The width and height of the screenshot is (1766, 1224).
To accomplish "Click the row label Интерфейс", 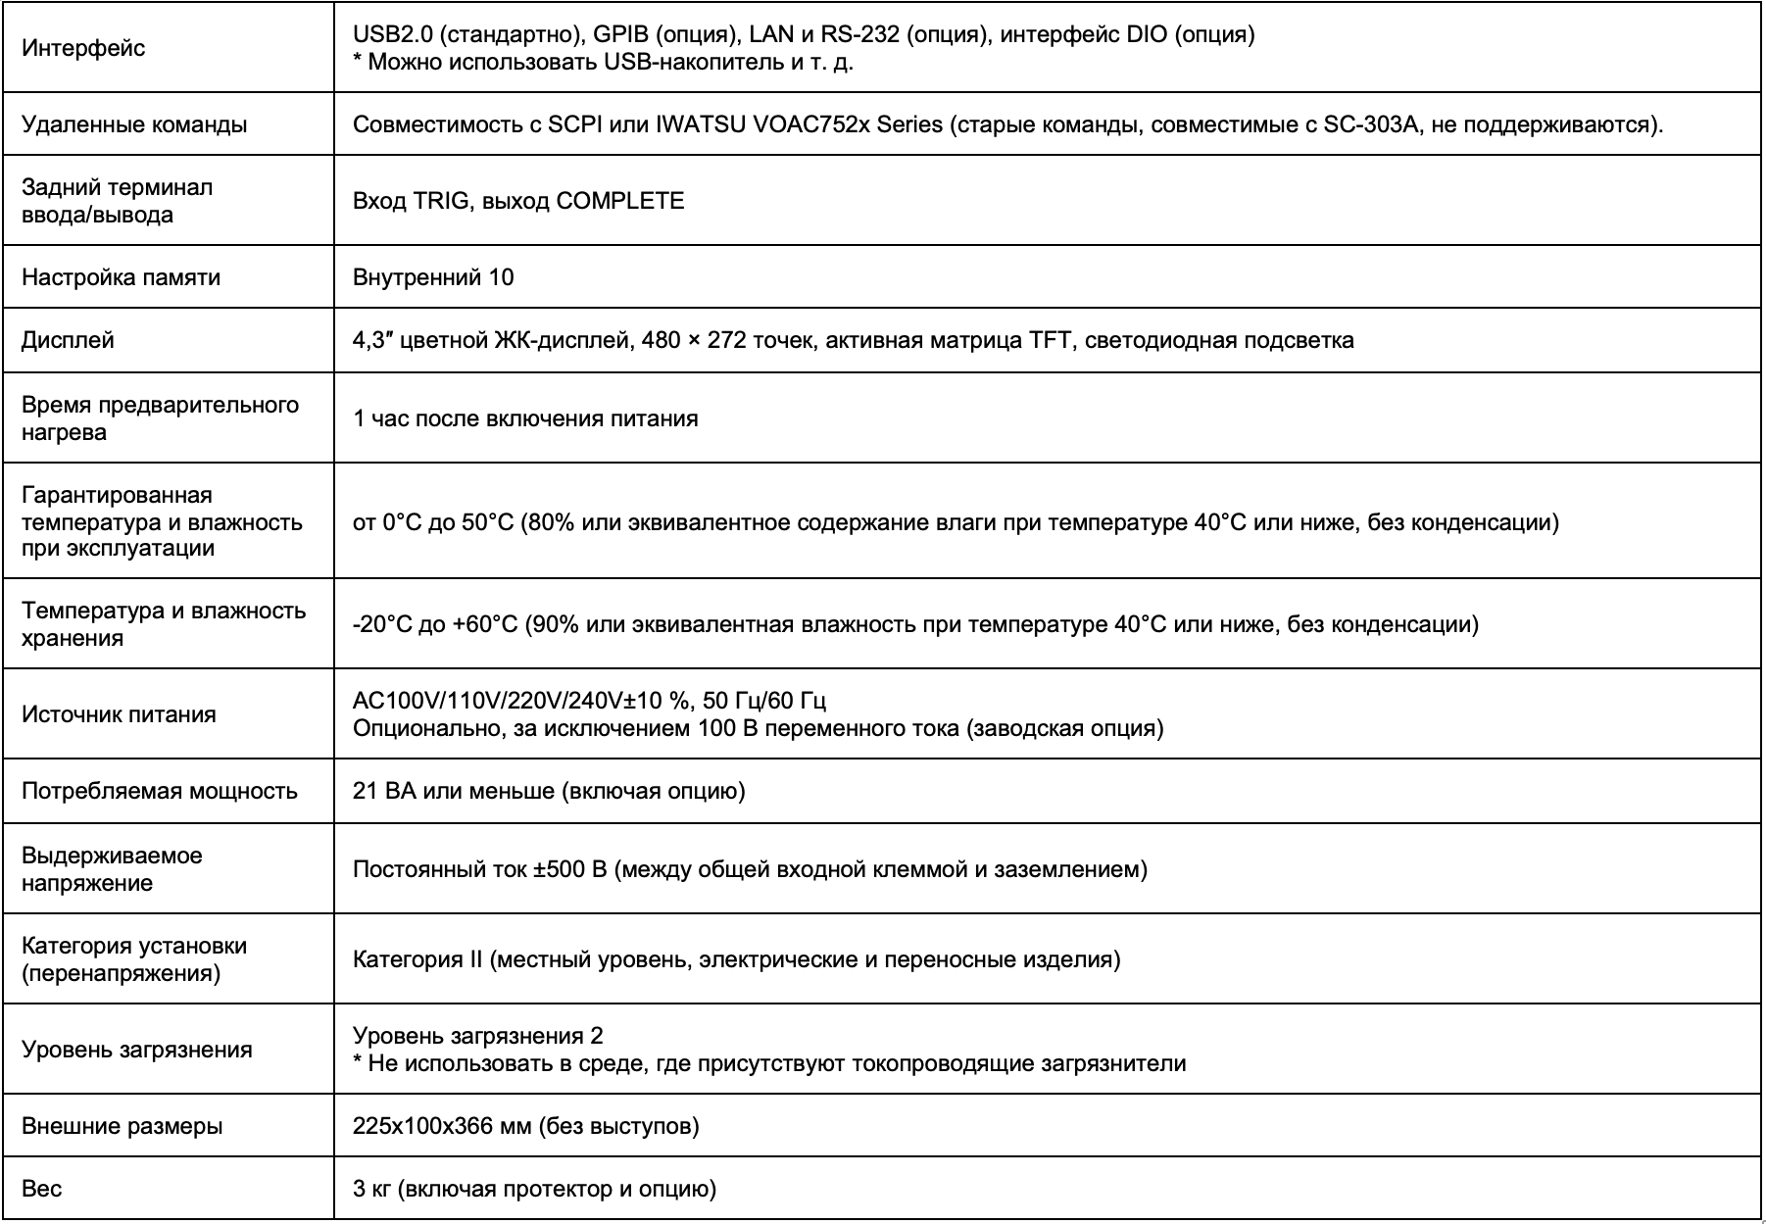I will tap(83, 49).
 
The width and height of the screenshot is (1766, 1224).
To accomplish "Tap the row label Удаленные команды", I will tap(134, 125).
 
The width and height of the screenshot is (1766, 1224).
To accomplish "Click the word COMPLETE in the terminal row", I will tap(619, 201).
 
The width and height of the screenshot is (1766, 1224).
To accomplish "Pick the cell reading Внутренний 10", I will tap(433, 277).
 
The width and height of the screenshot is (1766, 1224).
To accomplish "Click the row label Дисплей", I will tap(68, 340).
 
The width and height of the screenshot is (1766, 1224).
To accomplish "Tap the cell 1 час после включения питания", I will tap(525, 418).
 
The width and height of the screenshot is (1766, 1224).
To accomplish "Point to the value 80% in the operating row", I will tap(551, 522).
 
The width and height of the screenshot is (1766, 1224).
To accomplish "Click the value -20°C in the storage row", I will tap(381, 624).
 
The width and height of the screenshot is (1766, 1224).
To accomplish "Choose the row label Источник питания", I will tap(119, 714).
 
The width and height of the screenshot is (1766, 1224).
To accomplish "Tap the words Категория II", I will tap(417, 959).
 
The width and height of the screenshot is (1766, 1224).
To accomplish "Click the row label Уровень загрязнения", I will tap(137, 1050).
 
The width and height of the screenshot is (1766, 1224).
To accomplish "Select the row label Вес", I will tap(42, 1189).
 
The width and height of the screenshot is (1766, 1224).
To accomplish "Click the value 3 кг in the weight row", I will tap(372, 1189).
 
